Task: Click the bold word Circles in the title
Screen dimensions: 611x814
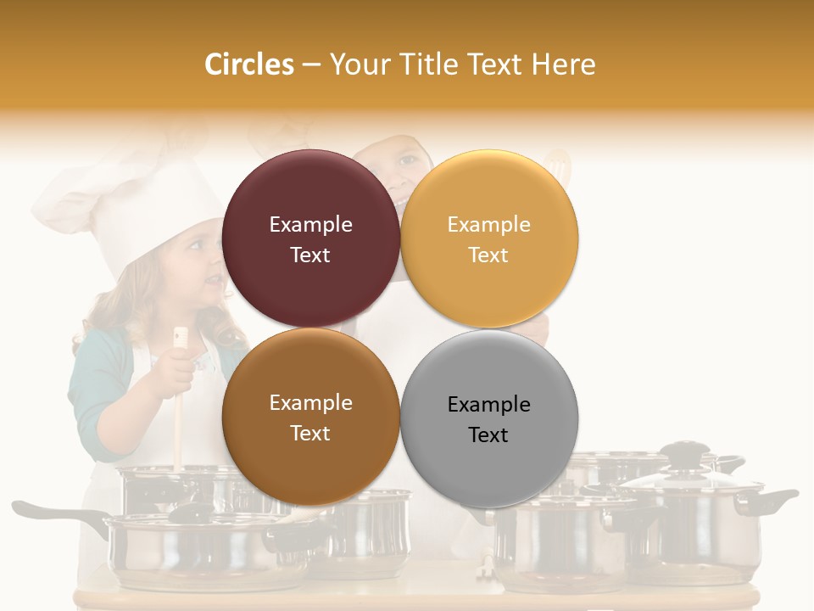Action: [x=248, y=64]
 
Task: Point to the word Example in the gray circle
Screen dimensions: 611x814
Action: [x=489, y=404]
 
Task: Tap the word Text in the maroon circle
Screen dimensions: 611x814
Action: [x=310, y=255]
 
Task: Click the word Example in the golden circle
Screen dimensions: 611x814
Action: [x=489, y=225]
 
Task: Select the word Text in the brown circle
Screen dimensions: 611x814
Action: [x=310, y=434]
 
